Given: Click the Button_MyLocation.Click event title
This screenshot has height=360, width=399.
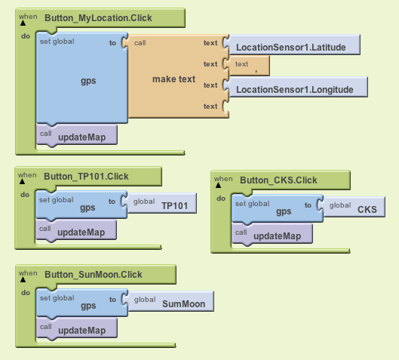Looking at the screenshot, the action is point(98,18).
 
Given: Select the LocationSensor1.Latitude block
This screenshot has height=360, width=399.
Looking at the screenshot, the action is point(293,45).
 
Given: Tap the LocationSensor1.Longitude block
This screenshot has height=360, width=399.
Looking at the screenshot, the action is point(296,87).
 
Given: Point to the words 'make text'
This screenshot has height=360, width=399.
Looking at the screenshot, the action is point(173,79).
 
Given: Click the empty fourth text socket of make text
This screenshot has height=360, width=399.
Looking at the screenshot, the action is point(226,106).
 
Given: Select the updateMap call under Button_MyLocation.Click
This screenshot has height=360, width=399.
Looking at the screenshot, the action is point(77,135).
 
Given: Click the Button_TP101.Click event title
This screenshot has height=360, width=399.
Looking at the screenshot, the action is point(86,177).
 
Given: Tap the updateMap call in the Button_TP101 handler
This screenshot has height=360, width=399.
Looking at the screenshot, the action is point(76,230).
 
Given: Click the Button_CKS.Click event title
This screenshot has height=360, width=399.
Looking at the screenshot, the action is point(278,180).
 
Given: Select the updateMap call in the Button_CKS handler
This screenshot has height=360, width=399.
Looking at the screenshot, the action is point(272,234).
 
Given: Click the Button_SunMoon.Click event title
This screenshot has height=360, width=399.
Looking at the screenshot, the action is point(94,275).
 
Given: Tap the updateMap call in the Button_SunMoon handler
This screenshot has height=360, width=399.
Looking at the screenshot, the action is point(77,328).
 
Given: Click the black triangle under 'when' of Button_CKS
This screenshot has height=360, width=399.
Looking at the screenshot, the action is point(218,186).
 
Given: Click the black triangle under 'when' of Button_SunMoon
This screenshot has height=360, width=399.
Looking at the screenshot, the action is point(23,279).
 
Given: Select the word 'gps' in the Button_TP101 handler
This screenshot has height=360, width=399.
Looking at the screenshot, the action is point(87,208).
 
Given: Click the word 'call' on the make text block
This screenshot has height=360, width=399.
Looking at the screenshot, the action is point(140,43).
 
